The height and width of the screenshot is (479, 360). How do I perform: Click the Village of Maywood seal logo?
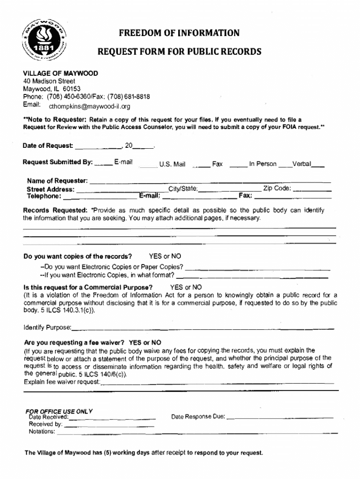46,41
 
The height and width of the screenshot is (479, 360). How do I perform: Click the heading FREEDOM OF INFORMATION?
179,33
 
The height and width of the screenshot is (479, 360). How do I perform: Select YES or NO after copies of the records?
165,256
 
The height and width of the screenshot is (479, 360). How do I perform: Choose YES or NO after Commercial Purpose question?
186,287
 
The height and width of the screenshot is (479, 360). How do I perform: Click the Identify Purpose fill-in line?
203,328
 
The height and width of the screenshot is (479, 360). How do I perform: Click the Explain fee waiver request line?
218,384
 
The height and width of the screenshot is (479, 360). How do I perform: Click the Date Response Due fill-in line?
281,417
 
